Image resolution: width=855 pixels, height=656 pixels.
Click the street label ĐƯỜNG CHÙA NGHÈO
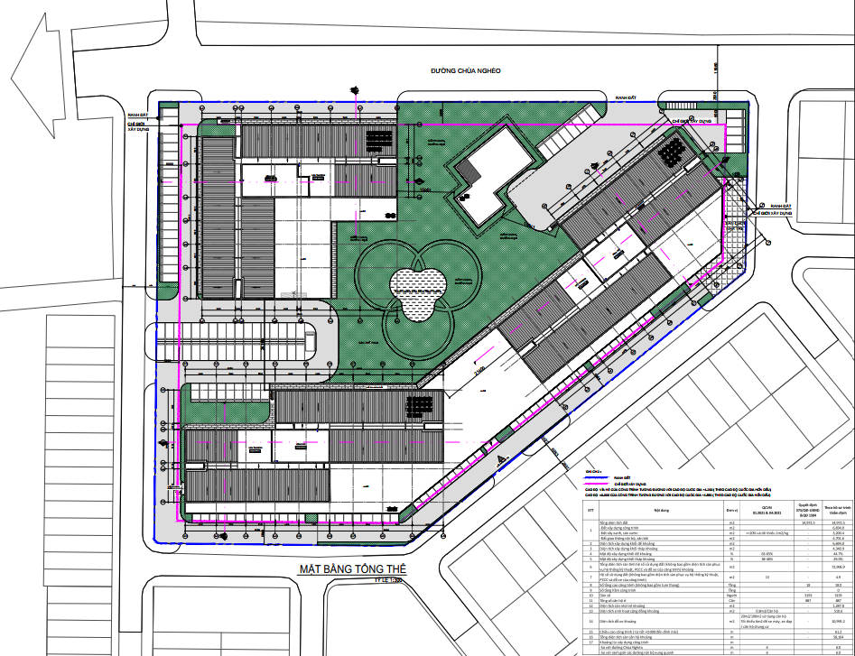465,70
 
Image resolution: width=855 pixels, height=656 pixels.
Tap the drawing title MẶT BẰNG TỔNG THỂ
352,569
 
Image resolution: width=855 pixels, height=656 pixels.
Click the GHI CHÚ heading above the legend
592,470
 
